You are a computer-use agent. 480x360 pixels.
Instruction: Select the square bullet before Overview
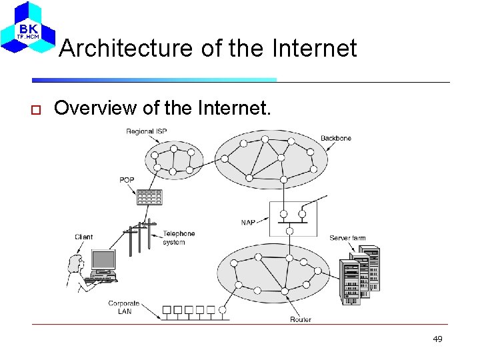click(x=37, y=109)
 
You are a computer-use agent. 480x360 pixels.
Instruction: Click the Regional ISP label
click(x=146, y=131)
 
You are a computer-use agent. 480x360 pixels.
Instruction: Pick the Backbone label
click(x=335, y=138)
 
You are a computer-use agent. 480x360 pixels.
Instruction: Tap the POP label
click(x=127, y=180)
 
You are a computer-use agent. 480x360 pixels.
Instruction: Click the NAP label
click(x=248, y=222)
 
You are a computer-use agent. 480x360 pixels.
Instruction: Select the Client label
click(x=84, y=237)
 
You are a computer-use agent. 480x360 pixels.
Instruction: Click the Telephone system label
click(x=179, y=237)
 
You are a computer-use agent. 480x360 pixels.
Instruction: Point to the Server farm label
click(x=347, y=238)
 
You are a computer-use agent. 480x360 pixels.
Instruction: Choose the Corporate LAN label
click(x=124, y=307)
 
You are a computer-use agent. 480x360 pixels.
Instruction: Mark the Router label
click(x=300, y=319)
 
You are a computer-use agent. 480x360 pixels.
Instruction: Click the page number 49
click(x=437, y=339)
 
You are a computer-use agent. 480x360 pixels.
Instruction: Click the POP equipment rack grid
click(x=149, y=197)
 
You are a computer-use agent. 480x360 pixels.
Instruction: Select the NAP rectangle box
click(x=293, y=219)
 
